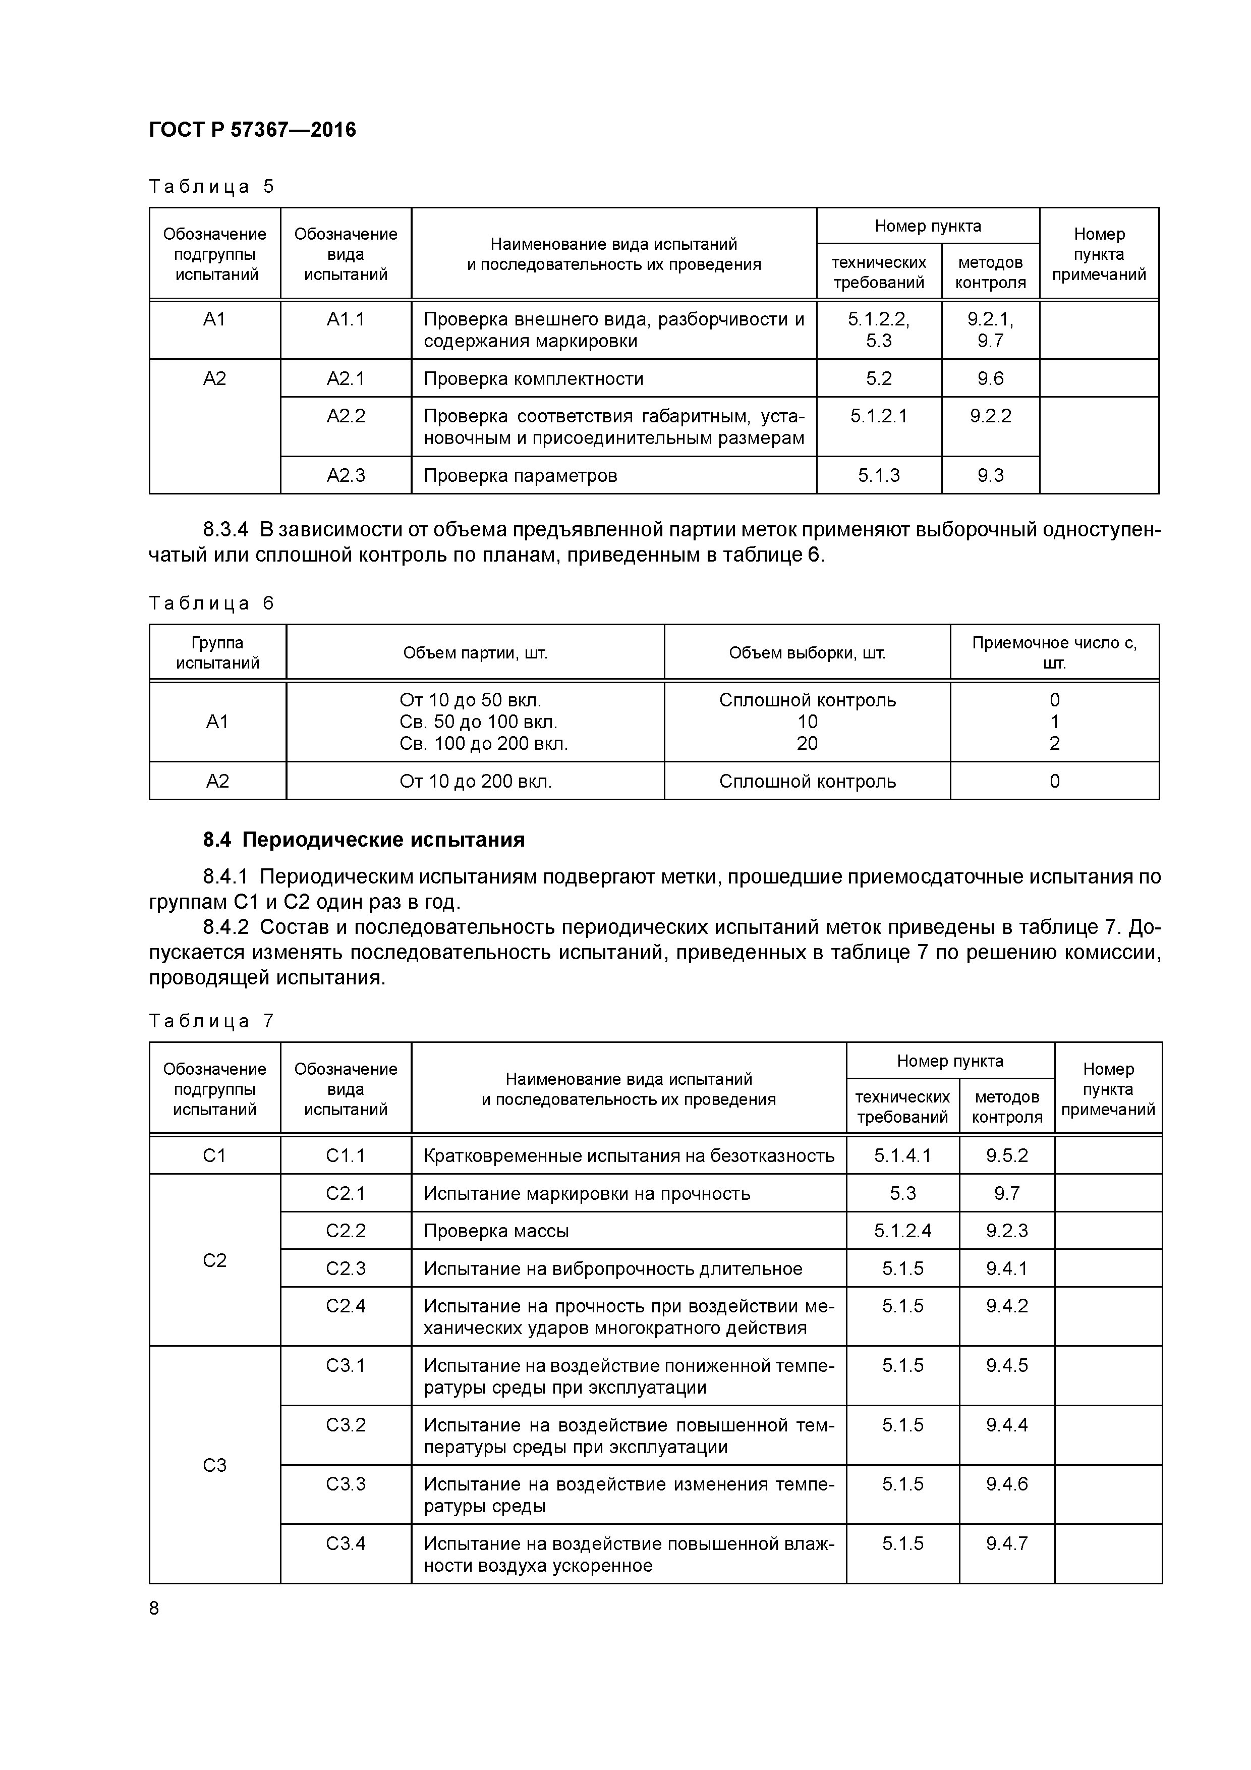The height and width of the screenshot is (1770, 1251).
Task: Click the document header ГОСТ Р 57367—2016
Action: click(x=252, y=130)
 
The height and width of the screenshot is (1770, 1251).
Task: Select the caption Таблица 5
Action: click(x=211, y=187)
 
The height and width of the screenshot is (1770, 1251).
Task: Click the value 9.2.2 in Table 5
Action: click(x=991, y=416)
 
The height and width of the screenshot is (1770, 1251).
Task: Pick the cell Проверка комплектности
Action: click(x=533, y=378)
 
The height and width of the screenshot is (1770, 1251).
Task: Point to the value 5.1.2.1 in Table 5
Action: click(x=879, y=416)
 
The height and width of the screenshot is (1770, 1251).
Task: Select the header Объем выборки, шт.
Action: click(x=807, y=653)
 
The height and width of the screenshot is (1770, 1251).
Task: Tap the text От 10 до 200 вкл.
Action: click(x=476, y=781)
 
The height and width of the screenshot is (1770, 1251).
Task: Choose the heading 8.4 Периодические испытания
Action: click(x=364, y=840)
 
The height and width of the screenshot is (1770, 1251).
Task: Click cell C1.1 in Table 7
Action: click(x=346, y=1155)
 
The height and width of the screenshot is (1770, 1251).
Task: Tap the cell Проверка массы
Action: click(x=496, y=1231)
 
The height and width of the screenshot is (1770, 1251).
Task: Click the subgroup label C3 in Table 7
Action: click(x=214, y=1465)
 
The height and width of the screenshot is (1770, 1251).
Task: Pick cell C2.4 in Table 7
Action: click(x=346, y=1306)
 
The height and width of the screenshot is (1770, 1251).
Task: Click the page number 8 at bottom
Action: click(x=154, y=1608)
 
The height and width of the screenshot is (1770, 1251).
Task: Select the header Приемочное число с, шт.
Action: click(x=1054, y=652)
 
